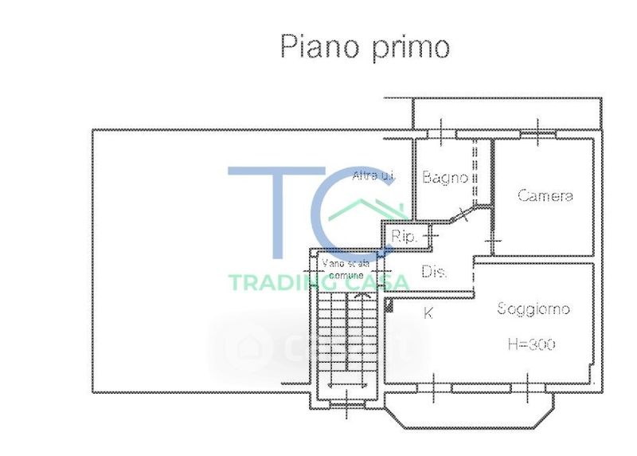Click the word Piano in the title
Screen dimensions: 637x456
click(x=317, y=46)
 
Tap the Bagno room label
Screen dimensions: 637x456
click(x=444, y=178)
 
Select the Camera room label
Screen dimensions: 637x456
click(x=545, y=195)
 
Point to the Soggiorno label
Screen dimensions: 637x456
click(x=533, y=309)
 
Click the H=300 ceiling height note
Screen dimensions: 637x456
click(x=531, y=344)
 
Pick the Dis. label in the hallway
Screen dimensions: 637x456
click(x=433, y=273)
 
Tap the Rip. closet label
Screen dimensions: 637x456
click(x=404, y=237)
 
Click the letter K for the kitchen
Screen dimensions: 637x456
click(x=428, y=313)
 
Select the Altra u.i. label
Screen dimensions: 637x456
click(x=373, y=175)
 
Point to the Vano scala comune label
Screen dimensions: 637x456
click(x=346, y=268)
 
